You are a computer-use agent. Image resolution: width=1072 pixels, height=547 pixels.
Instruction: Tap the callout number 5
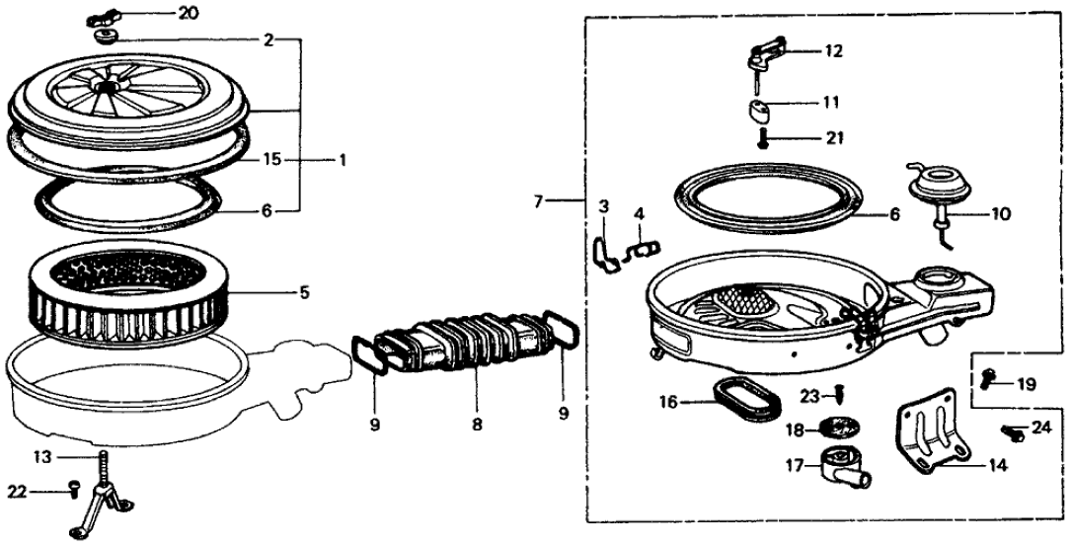pyautogui.click(x=305, y=291)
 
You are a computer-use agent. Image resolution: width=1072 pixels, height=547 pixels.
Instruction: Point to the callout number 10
pyautogui.click(x=1002, y=212)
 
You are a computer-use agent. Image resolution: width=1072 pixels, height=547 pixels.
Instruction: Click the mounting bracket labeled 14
pyautogui.click(x=934, y=439)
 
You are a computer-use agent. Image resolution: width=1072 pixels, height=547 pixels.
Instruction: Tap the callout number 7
pyautogui.click(x=539, y=201)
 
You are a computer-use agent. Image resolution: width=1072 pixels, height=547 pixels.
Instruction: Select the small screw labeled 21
pyautogui.click(x=761, y=138)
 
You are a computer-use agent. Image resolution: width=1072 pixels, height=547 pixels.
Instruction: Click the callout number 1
pyautogui.click(x=344, y=159)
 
